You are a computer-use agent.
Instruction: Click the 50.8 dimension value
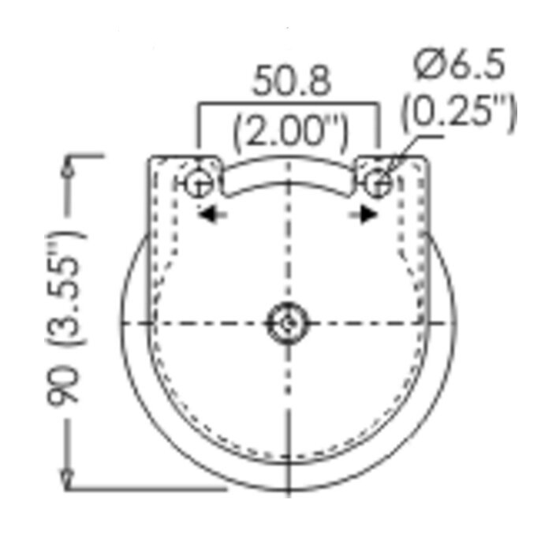pos(292,80)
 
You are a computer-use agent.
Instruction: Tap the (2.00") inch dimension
pos(291,132)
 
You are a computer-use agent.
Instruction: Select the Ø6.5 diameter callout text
pos(460,64)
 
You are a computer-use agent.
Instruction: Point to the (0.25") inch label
pos(459,112)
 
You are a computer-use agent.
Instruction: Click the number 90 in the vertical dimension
pos(62,386)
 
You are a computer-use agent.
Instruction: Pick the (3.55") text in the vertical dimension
pos(65,289)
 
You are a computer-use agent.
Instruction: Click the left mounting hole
pos(200,183)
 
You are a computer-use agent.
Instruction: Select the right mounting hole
pos(378,183)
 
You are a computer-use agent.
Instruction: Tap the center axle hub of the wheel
pos(289,323)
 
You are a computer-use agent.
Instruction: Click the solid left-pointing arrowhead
pos(207,214)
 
